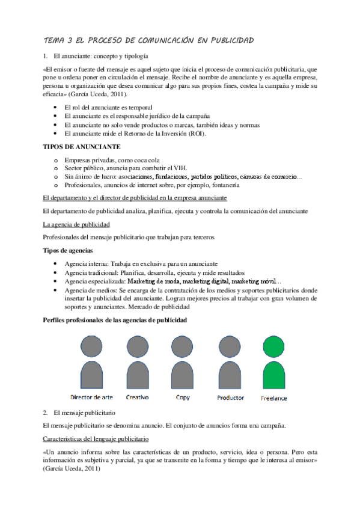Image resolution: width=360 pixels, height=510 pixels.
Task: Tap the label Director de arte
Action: (91, 398)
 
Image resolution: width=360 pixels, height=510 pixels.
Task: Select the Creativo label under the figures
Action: (138, 398)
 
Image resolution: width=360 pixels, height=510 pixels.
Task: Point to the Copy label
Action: (183, 398)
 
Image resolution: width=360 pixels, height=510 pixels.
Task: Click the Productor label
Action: (230, 398)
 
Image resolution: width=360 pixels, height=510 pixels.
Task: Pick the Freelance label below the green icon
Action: (274, 398)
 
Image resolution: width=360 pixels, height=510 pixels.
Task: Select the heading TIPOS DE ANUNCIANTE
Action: (82, 146)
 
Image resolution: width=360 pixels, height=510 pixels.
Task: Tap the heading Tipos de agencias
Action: (67, 250)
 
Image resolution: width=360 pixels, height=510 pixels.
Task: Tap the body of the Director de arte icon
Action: (91, 375)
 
